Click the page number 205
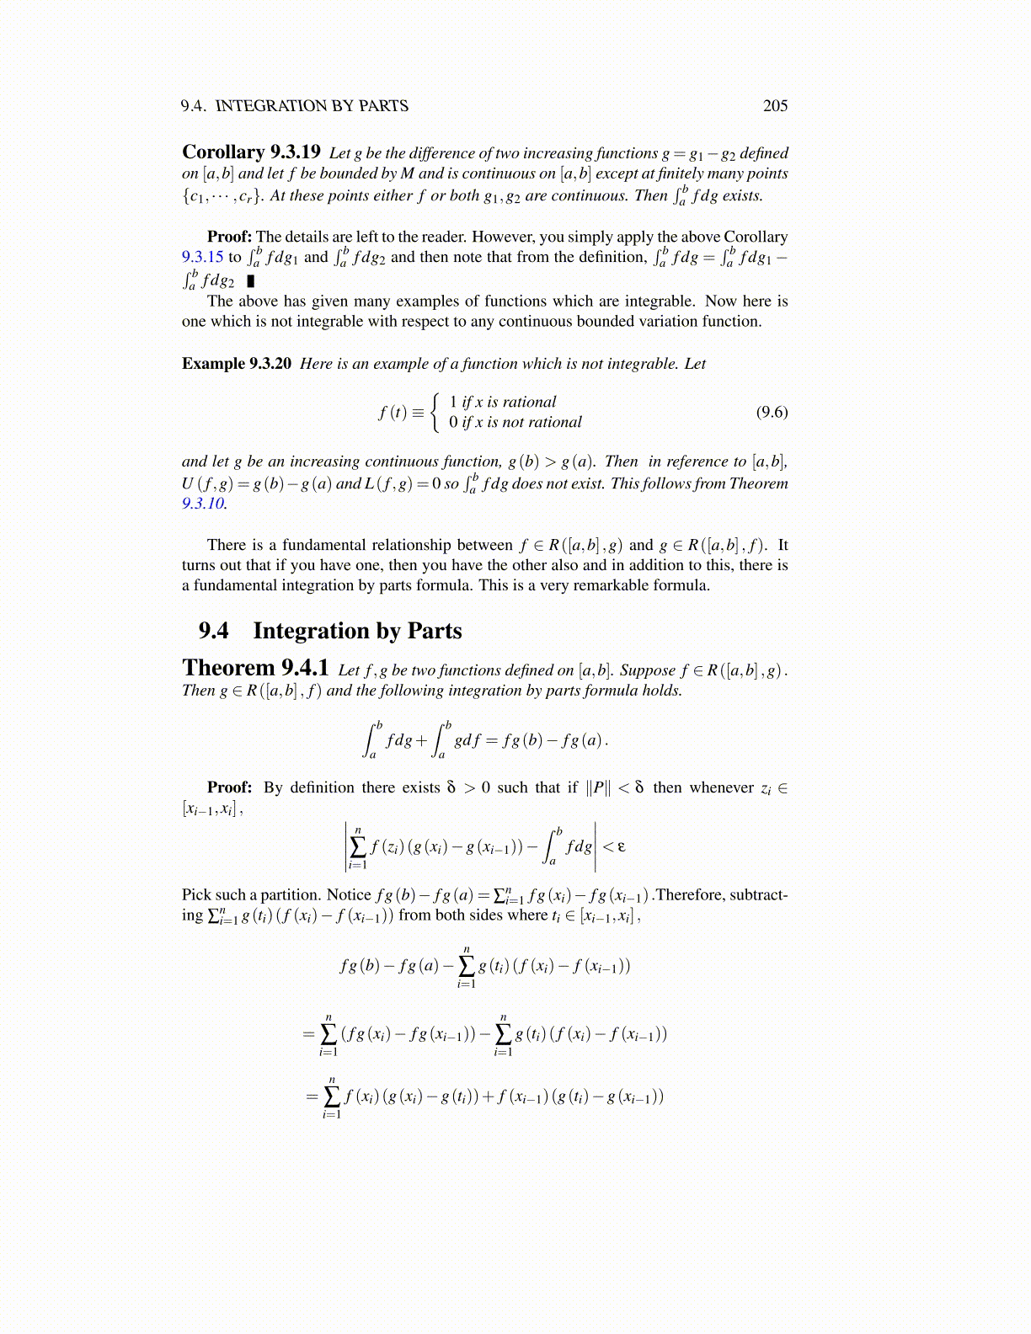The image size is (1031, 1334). tap(775, 105)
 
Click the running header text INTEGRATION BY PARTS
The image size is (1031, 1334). tap(312, 105)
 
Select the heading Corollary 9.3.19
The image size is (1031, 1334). tap(251, 152)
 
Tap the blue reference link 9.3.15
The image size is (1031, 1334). tap(202, 257)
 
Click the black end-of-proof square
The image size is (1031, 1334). tap(250, 280)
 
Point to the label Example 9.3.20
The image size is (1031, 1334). tap(237, 363)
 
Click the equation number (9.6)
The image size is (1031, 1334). tap(772, 412)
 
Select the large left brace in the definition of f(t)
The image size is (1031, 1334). tap(435, 412)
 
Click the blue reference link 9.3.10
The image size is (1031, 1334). tap(203, 504)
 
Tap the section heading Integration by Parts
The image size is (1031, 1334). tap(357, 631)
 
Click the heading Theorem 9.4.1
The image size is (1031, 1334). tap(255, 668)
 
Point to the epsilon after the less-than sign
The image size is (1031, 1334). tap(622, 846)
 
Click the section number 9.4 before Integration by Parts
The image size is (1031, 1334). tap(214, 631)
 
